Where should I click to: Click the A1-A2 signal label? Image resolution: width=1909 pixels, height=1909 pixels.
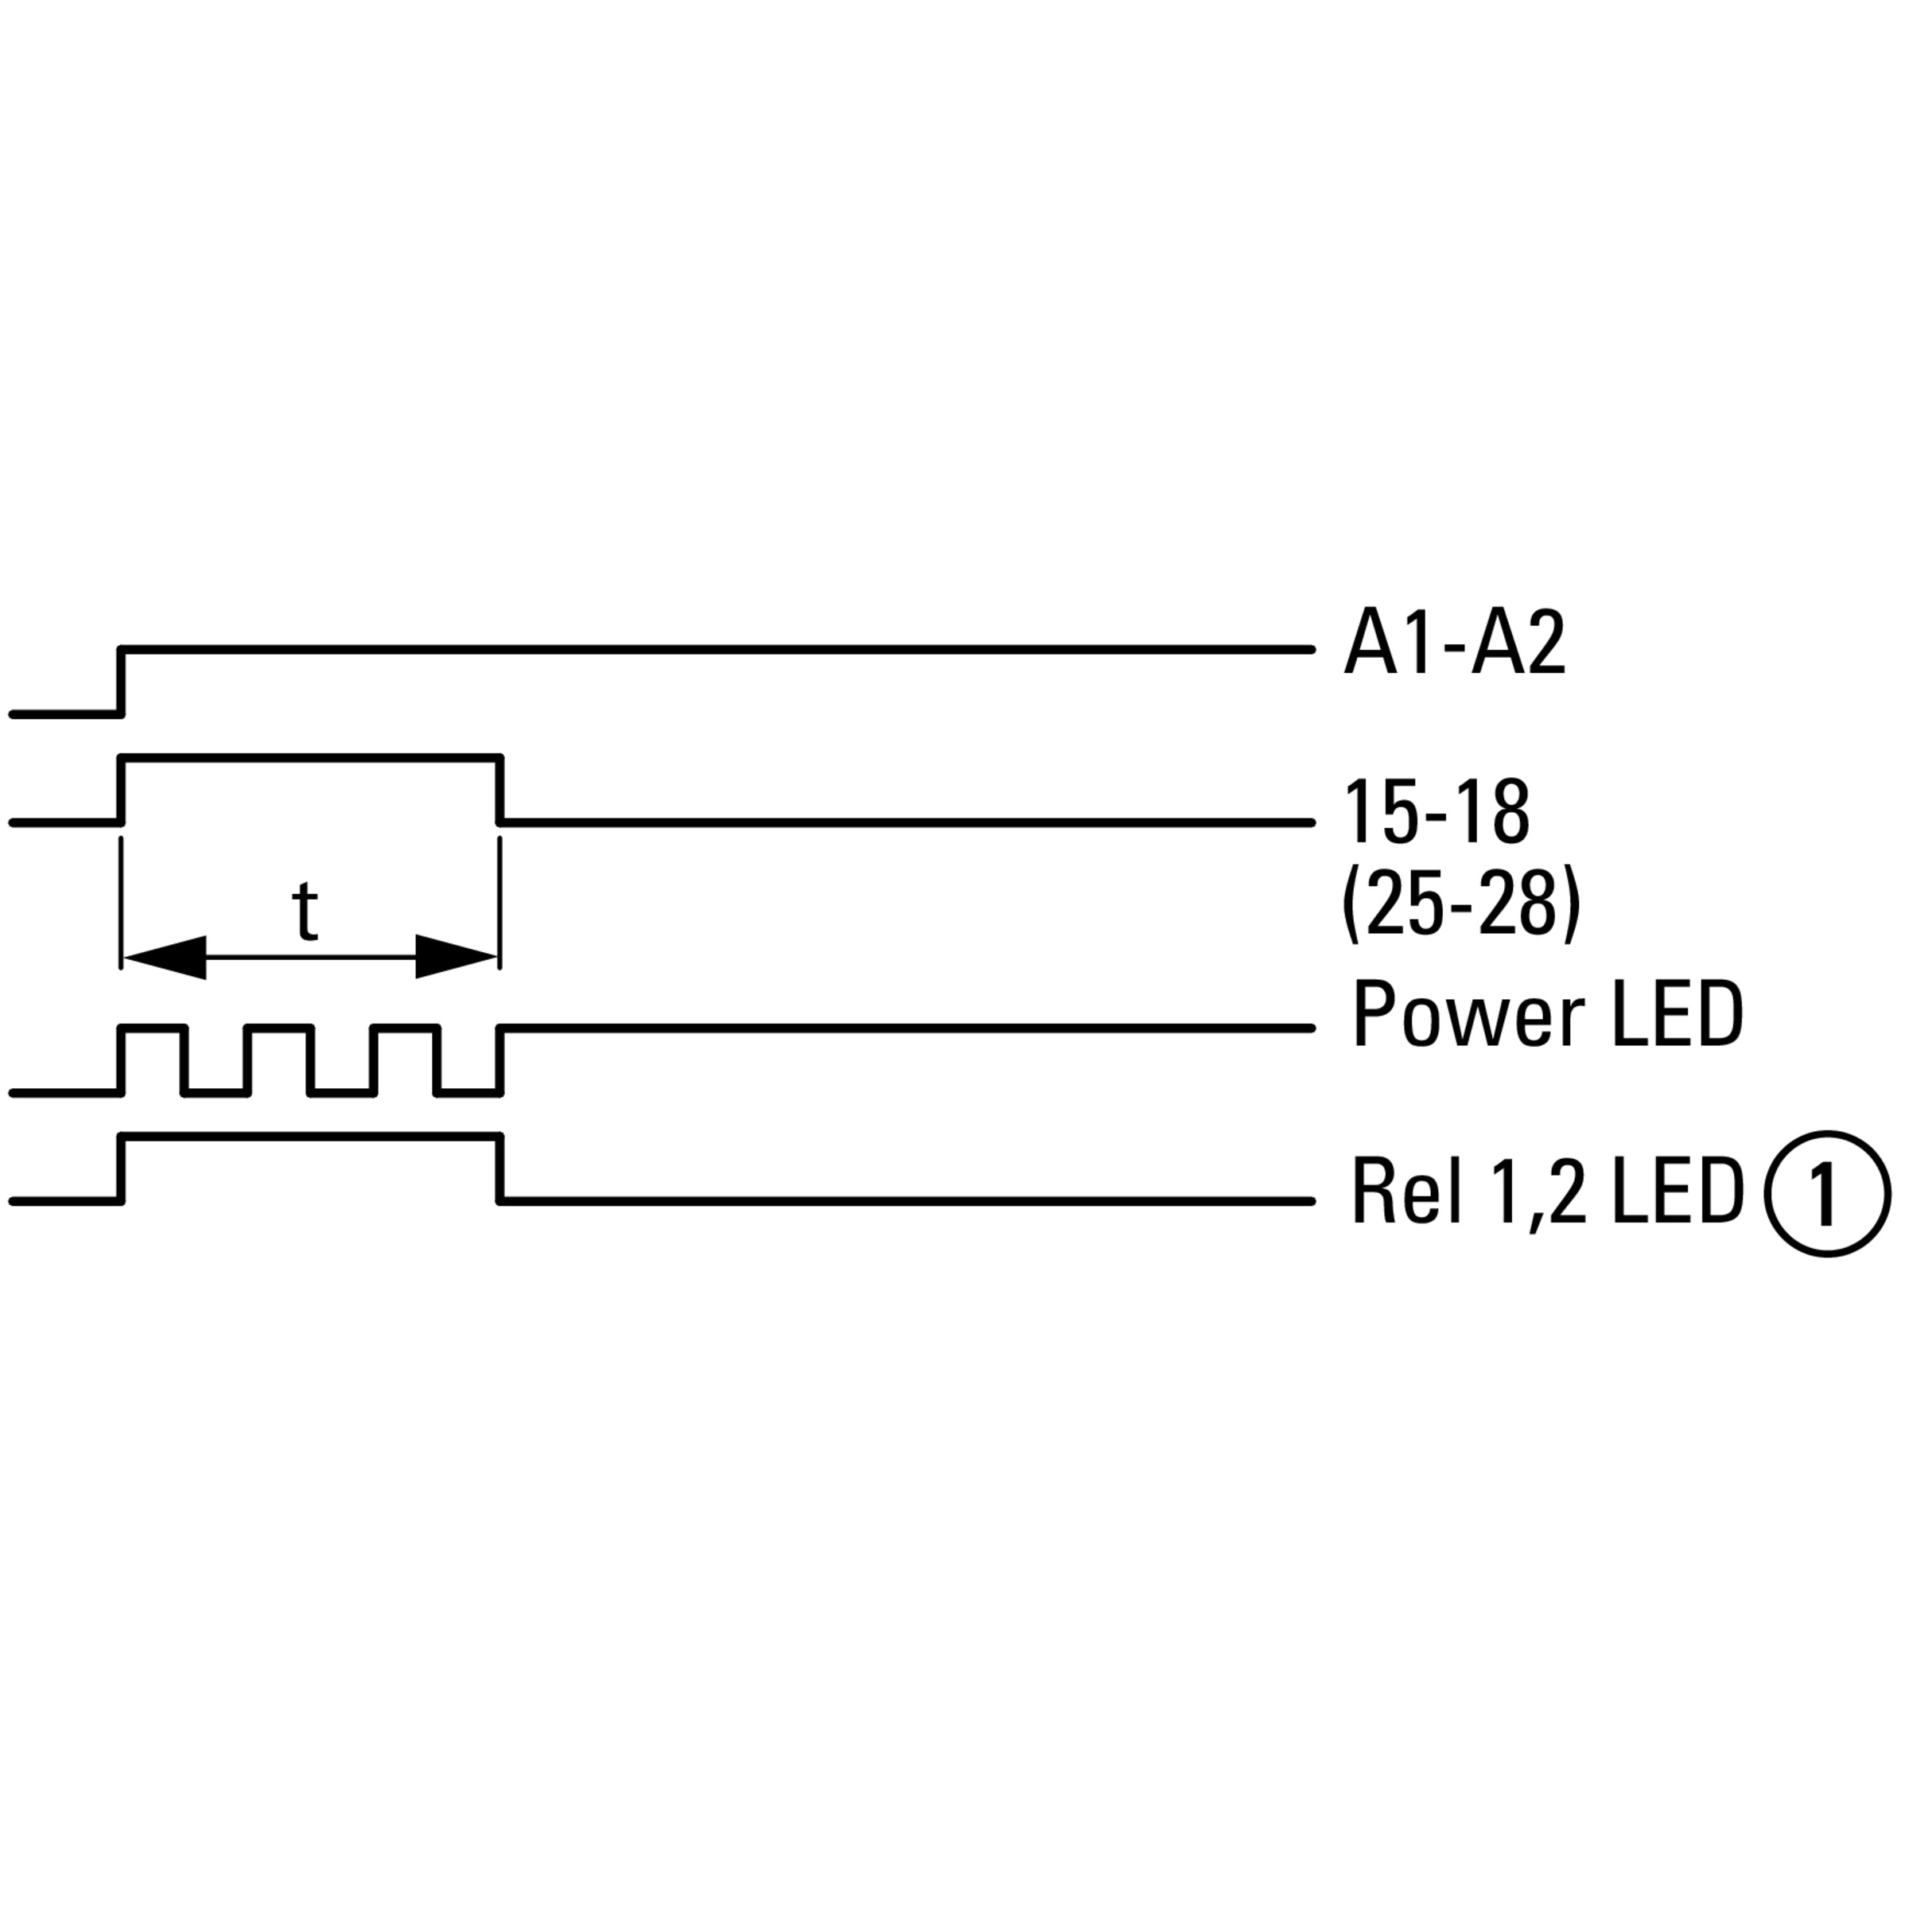pyautogui.click(x=1455, y=644)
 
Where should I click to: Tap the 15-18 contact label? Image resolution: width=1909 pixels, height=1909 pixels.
pyautogui.click(x=1437, y=812)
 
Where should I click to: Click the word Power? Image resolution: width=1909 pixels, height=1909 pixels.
pyautogui.click(x=1468, y=1016)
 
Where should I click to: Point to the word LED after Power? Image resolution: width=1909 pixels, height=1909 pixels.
pyautogui.click(x=1677, y=1015)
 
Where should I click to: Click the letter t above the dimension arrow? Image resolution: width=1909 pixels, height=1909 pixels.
pyautogui.click(x=306, y=911)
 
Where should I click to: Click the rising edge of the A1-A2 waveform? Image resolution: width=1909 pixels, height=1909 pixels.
pyautogui.click(x=122, y=681)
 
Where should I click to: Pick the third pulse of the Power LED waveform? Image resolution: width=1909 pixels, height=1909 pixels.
pyautogui.click(x=406, y=1060)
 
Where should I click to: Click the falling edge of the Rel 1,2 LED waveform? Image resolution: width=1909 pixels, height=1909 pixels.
pyautogui.click(x=500, y=1169)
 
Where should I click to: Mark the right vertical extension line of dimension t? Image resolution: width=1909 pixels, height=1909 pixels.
pyautogui.click(x=500, y=902)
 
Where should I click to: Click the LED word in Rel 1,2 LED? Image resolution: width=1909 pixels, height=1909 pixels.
pyautogui.click(x=1678, y=1192)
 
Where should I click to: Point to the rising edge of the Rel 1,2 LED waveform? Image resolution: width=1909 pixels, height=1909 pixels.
pyautogui.click(x=122, y=1169)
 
